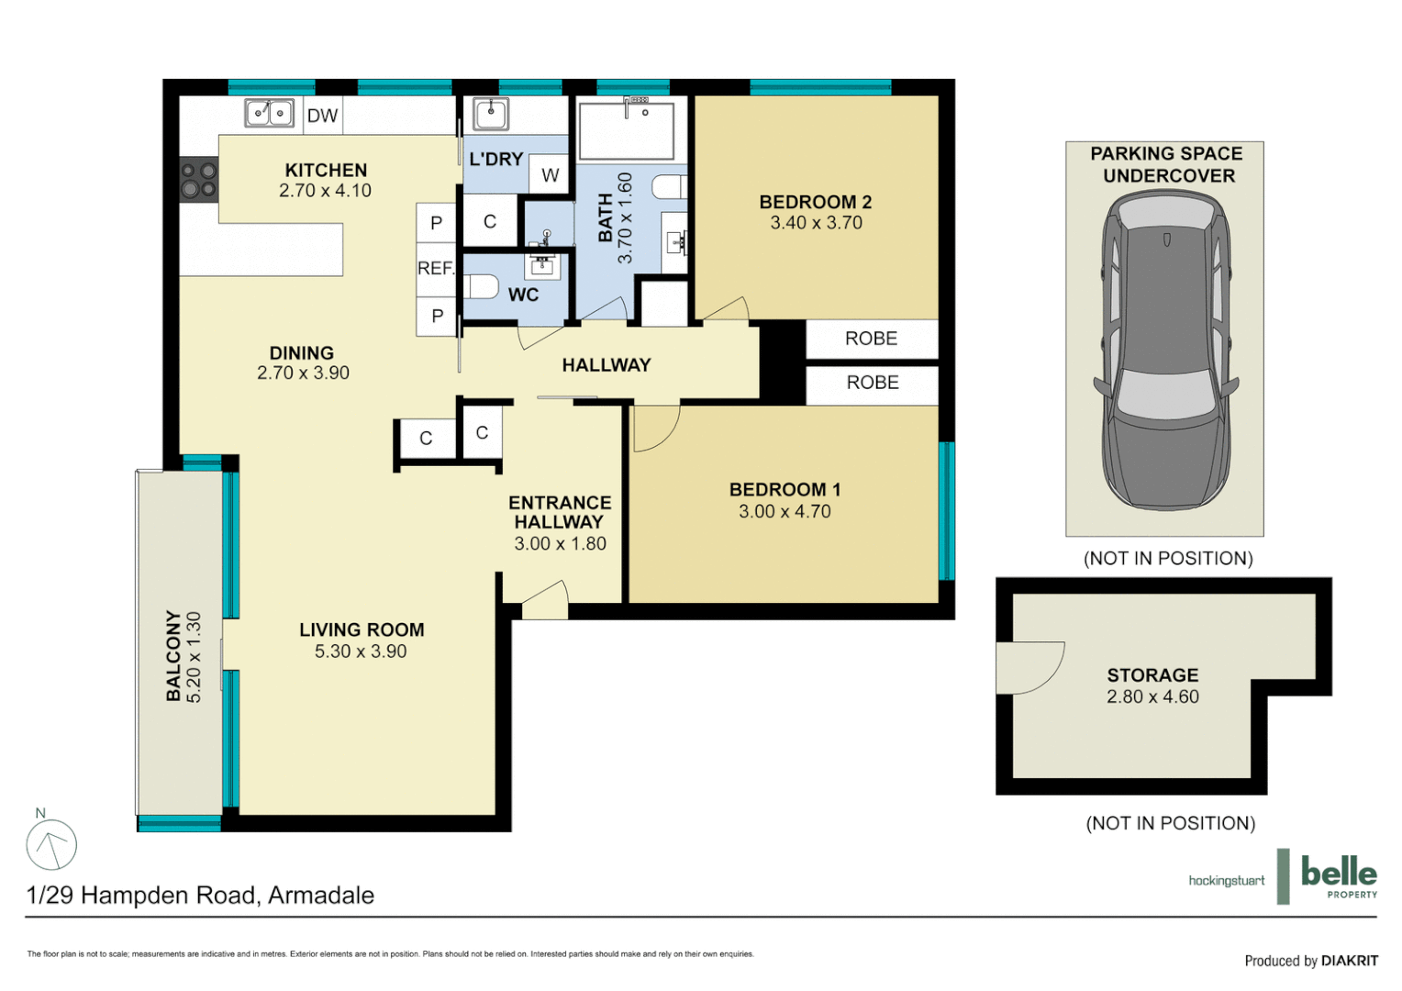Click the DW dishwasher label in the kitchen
coord(322,116)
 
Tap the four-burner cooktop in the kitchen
coord(198,180)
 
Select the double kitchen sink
coord(269,113)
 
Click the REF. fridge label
coord(436,268)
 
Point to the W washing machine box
coord(550,175)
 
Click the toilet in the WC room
coord(480,286)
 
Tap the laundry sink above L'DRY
coord(491,115)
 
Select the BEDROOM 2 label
coord(815,202)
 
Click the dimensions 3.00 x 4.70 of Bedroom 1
coord(784,512)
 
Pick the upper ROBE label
coord(871,339)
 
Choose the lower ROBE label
coord(872,383)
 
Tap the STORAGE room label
coord(1152,674)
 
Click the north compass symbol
coord(51,845)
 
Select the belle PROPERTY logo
coord(1338,875)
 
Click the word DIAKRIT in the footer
coord(1349,961)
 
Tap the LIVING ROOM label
coord(362,629)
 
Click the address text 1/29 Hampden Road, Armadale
coord(200,895)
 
